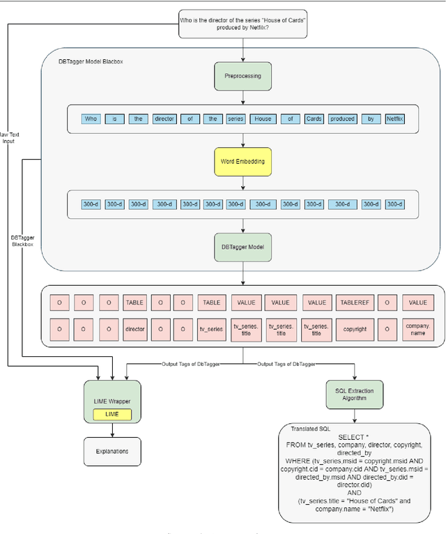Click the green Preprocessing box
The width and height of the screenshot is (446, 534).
[243, 77]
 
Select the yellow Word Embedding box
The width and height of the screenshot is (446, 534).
[243, 161]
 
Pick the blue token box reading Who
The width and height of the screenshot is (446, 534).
[91, 119]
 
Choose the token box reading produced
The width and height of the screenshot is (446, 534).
[342, 119]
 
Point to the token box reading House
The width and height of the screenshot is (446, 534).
[262, 119]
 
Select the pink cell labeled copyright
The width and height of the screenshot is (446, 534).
[355, 329]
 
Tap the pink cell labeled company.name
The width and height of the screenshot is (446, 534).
[418, 329]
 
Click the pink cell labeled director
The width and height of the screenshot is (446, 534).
[134, 329]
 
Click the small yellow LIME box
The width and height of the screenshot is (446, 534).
[112, 414]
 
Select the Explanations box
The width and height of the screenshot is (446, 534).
[112, 451]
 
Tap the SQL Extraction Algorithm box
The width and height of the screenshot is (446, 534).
[355, 395]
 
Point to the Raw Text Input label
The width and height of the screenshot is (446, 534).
[8, 137]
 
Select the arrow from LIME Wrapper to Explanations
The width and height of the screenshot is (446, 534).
[112, 431]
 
